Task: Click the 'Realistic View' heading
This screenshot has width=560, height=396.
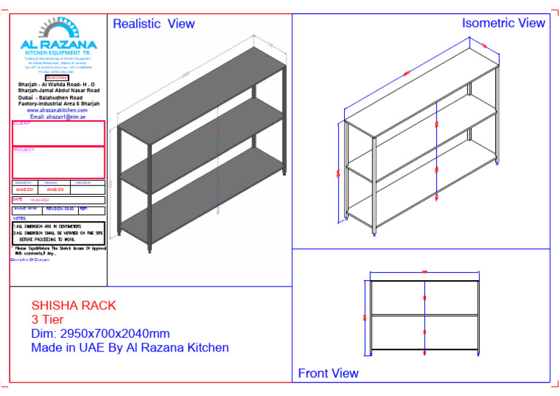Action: pyautogui.click(x=153, y=24)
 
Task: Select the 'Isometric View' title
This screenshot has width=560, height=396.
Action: pyautogui.click(x=503, y=23)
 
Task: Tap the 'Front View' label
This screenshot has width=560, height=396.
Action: pyautogui.click(x=328, y=373)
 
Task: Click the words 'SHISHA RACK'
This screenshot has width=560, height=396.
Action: pyautogui.click(x=74, y=306)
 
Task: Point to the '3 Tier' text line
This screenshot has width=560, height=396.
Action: pyautogui.click(x=47, y=319)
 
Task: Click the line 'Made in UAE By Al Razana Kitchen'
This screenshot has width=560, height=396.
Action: pyautogui.click(x=130, y=348)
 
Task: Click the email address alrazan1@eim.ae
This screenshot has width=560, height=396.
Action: pyautogui.click(x=58, y=117)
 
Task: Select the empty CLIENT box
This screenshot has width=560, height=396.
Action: pyautogui.click(x=58, y=134)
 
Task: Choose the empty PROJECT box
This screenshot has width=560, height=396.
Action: pyautogui.click(x=58, y=163)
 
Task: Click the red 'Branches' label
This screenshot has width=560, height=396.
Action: pyautogui.click(x=56, y=77)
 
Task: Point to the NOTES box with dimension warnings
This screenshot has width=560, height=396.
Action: pyautogui.click(x=58, y=232)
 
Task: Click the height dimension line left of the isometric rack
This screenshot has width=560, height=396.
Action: pyautogui.click(x=339, y=172)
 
